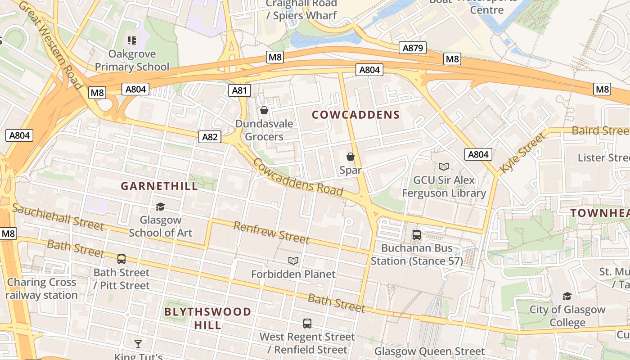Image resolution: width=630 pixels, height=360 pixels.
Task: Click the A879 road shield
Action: pyautogui.click(x=412, y=48)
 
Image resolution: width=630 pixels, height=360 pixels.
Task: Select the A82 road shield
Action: pyautogui.click(x=210, y=137)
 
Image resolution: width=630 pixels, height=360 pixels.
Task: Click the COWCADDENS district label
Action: pyautogui.click(x=356, y=115)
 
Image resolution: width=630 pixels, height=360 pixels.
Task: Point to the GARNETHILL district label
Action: pyautogui.click(x=159, y=186)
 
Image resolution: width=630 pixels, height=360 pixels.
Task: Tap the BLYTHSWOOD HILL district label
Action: pyautogui.click(x=207, y=318)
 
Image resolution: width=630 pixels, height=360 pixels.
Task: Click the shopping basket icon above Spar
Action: pyautogui.click(x=351, y=157)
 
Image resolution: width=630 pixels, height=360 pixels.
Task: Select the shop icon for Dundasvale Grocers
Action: pyautogui.click(x=264, y=110)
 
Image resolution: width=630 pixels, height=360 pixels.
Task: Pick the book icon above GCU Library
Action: pyautogui.click(x=444, y=166)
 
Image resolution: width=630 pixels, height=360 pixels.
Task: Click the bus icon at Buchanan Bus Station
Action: pyautogui.click(x=417, y=234)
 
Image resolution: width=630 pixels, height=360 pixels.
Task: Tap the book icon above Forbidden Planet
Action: pyautogui.click(x=293, y=261)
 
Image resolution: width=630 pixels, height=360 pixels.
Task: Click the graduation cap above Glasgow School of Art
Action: pyautogui.click(x=160, y=207)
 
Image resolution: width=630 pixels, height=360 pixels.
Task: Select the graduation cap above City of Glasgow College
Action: pyautogui.click(x=567, y=296)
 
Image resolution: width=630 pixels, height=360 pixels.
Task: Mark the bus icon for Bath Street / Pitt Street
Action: pyautogui.click(x=121, y=259)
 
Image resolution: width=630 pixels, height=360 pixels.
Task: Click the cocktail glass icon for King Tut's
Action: pyautogui.click(x=138, y=344)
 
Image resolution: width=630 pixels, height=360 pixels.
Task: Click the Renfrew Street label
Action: pyautogui.click(x=271, y=232)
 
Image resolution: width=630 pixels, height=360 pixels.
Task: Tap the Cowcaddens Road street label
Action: pyautogui.click(x=298, y=177)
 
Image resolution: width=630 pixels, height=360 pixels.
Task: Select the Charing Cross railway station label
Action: pyautogui.click(x=41, y=289)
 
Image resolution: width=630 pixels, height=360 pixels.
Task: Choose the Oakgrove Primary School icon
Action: pyautogui.click(x=132, y=40)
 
